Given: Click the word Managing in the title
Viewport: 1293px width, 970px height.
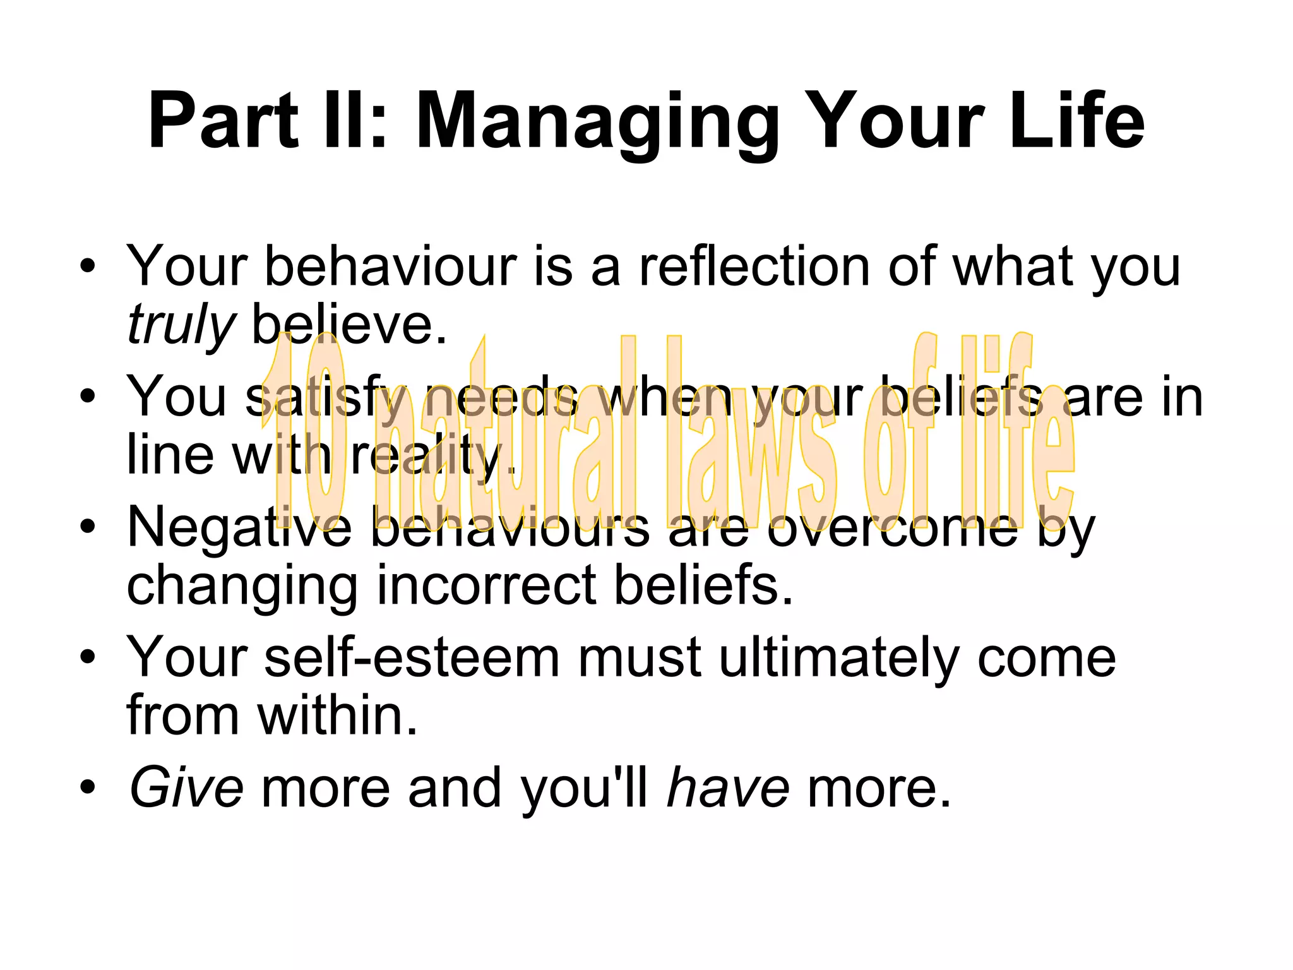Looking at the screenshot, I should pos(597,121).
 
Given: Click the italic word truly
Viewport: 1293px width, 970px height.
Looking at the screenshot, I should pos(180,326).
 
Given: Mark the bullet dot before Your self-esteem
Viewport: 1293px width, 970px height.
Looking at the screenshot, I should pos(88,657).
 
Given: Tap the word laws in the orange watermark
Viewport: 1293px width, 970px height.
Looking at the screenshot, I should pos(751,436).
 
